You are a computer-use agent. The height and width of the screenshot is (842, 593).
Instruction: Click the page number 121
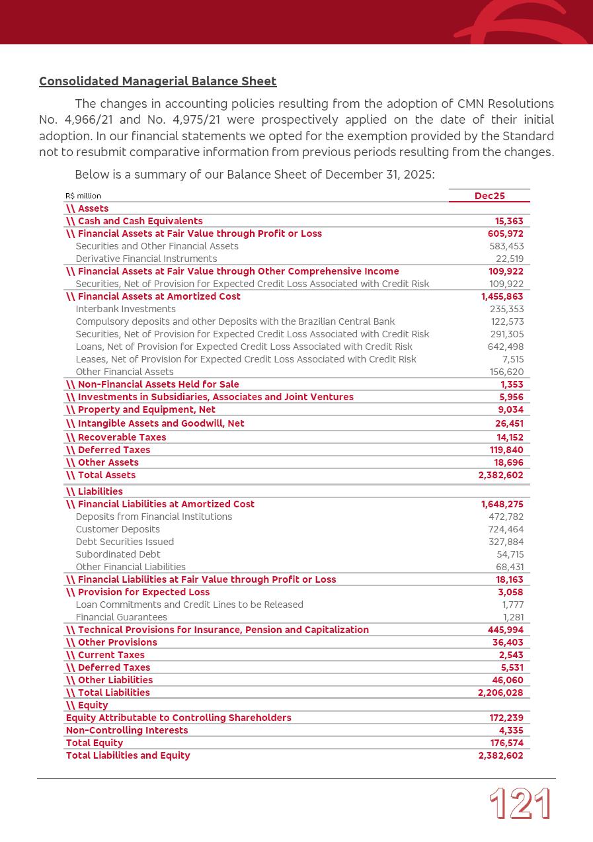(x=520, y=804)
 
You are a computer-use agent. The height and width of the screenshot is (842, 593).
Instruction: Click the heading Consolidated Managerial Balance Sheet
(x=157, y=81)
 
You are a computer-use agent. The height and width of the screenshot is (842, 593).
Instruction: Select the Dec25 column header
(x=489, y=196)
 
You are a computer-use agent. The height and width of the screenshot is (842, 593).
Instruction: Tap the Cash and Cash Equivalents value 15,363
(x=509, y=221)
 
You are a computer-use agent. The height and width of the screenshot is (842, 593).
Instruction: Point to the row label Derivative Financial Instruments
(x=146, y=259)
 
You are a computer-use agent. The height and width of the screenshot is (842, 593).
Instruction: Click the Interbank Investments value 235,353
(x=506, y=309)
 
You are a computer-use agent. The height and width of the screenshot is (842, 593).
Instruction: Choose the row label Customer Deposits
(x=118, y=529)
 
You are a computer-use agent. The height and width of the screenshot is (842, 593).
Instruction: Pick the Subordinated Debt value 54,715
(x=510, y=554)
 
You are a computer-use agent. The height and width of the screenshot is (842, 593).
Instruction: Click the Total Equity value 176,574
(x=506, y=743)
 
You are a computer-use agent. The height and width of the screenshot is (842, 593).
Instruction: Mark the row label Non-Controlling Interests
(x=127, y=730)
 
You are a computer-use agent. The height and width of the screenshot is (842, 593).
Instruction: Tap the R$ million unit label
(x=83, y=196)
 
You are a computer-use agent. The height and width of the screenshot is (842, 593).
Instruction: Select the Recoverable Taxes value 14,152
(x=509, y=437)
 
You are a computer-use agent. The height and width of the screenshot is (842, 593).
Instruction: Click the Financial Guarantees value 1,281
(x=512, y=617)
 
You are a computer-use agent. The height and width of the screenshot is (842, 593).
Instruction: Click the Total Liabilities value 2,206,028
(x=500, y=693)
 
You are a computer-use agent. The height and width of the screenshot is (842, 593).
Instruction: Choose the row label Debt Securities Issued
(x=125, y=542)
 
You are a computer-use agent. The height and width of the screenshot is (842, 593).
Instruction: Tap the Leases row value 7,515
(x=512, y=359)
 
